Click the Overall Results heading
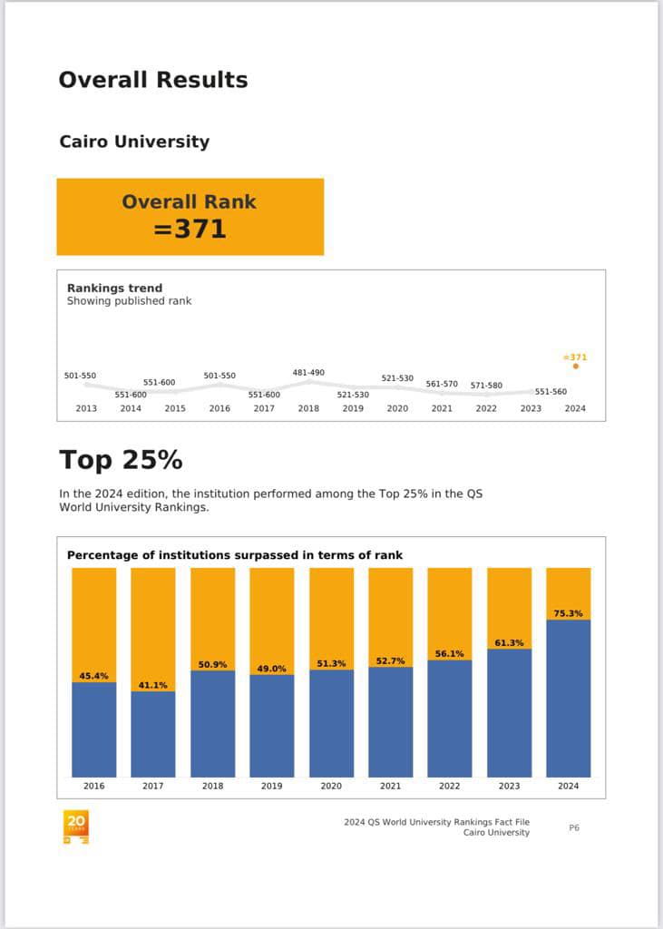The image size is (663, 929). tap(153, 80)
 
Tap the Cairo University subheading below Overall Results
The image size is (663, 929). tap(134, 142)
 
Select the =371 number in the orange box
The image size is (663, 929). tap(190, 229)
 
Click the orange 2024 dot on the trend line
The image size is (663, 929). tap(575, 367)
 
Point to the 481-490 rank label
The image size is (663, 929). tap(308, 373)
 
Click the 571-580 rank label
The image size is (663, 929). tap(486, 385)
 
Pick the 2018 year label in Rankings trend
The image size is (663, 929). tap(308, 408)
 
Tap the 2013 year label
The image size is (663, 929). tap(86, 408)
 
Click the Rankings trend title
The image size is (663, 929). tap(114, 288)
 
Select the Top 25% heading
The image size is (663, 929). tap(121, 460)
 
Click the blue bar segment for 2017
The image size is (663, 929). tap(153, 734)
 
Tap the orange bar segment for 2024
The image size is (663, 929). tap(569, 593)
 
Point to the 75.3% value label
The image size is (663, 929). tap(568, 613)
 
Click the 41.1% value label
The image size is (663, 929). tap(153, 685)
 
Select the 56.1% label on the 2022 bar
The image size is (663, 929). tap(450, 653)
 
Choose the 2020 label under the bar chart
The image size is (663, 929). tap(331, 786)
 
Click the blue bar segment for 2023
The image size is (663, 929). tap(510, 713)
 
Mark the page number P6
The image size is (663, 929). tap(574, 827)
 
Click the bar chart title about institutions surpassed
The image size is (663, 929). tap(235, 555)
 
